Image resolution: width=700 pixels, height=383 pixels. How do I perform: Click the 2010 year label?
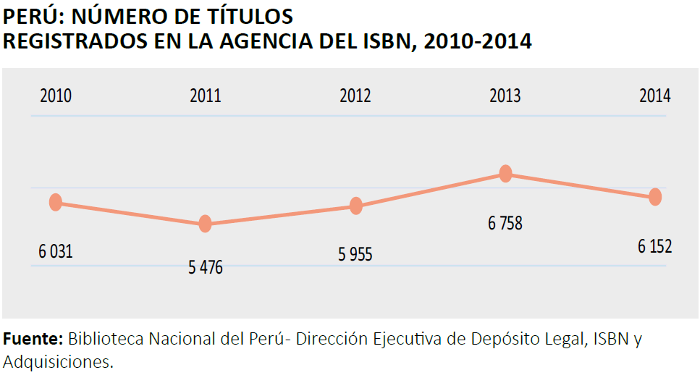tap(56, 96)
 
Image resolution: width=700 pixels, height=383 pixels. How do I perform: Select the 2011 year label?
tap(206, 96)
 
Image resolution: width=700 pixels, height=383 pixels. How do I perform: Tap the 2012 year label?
tap(355, 96)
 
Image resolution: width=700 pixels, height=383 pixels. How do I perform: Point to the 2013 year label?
tap(505, 96)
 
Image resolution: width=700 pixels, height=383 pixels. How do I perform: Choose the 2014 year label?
tap(655, 96)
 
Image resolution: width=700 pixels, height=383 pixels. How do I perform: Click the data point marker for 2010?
tap(56, 203)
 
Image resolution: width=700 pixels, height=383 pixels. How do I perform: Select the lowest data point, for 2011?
tap(206, 224)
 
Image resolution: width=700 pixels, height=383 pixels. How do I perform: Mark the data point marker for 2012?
tap(355, 206)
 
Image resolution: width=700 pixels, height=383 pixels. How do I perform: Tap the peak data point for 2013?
tap(505, 174)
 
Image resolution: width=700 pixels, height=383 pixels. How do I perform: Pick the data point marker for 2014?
tap(655, 197)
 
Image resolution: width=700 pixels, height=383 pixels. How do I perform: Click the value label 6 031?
tap(56, 252)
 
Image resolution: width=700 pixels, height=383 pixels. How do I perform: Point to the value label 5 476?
tap(206, 268)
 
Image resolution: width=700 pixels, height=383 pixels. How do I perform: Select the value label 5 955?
tap(355, 255)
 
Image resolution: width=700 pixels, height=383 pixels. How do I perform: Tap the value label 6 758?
tap(505, 224)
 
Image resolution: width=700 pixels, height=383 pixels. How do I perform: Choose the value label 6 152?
tap(655, 247)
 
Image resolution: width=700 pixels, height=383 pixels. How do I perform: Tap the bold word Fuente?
tap(33, 339)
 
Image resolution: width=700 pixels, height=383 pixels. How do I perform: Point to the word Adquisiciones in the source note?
tap(58, 361)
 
